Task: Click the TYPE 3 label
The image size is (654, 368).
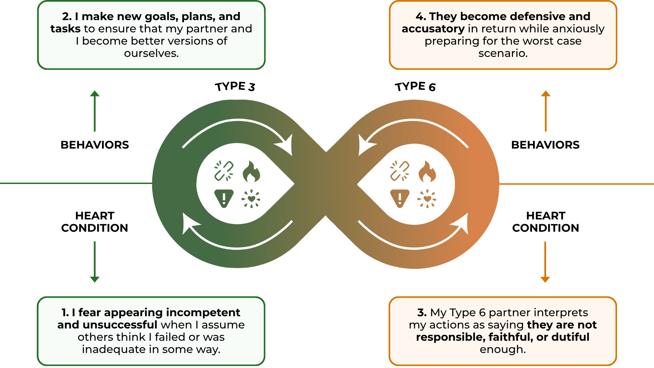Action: (235, 87)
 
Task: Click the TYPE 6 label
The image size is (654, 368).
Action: (415, 87)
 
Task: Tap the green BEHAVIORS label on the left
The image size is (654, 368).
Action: (95, 145)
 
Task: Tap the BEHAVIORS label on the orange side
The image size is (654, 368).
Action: (545, 145)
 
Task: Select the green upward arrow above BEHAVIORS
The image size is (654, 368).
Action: (95, 111)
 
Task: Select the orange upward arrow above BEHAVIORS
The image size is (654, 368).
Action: (546, 111)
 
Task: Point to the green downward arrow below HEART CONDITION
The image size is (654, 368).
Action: (95, 262)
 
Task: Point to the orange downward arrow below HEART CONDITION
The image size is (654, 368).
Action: (545, 262)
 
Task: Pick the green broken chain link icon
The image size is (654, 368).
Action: (224, 171)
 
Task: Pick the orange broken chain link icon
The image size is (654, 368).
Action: (400, 171)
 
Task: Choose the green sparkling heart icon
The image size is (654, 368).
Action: (251, 199)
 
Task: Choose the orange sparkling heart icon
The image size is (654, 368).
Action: (427, 199)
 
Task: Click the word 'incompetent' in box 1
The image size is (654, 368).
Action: (203, 313)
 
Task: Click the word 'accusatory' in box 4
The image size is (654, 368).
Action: (433, 29)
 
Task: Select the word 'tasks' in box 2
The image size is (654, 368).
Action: (65, 29)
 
